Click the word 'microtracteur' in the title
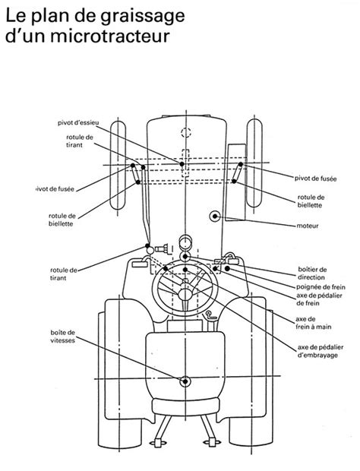(110, 36)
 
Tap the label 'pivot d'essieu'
(78, 123)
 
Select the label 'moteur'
(308, 226)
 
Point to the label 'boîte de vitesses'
(63, 337)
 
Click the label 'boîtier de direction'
(312, 273)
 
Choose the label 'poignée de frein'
(321, 287)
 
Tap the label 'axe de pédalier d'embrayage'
(320, 351)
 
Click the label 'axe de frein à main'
(314, 323)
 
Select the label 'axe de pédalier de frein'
(319, 299)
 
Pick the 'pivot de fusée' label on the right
(315, 179)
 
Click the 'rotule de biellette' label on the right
(311, 201)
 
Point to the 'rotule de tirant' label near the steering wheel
(64, 274)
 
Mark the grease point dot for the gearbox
(185, 381)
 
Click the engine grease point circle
(215, 216)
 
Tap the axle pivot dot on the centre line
(182, 164)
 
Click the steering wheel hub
(185, 294)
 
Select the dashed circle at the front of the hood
(186, 132)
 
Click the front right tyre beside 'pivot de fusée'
(254, 163)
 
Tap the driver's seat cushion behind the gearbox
(185, 407)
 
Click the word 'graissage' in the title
(143, 16)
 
